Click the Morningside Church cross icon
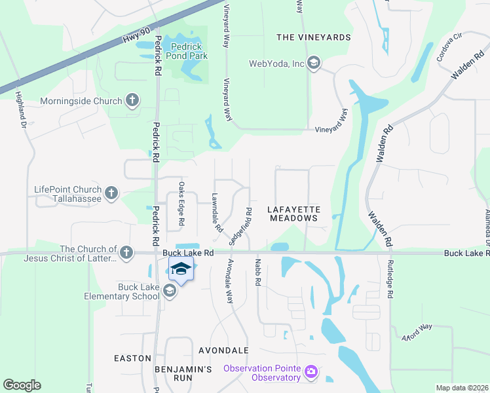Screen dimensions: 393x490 132,101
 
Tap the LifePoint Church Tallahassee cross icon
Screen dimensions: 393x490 111,193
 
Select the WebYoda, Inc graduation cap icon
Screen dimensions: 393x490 313,64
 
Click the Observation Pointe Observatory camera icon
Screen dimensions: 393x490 311,372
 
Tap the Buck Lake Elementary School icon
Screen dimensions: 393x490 170,291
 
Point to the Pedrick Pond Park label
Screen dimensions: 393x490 189,51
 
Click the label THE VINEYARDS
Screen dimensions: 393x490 314,37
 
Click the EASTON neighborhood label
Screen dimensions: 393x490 133,358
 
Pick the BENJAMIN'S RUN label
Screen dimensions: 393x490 183,374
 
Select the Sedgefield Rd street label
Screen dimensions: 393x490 240,226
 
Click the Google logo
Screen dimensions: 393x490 22,385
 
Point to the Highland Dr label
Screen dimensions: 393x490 20,109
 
